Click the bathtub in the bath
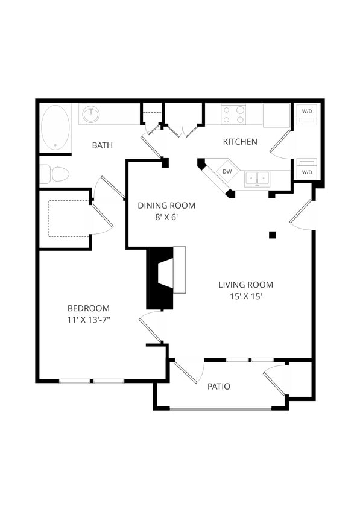[55, 127]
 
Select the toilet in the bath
[56, 174]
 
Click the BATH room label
[103, 145]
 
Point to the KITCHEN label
[240, 142]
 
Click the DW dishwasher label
[227, 171]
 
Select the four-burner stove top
[233, 115]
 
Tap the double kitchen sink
[257, 179]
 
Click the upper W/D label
[307, 110]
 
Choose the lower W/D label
[307, 172]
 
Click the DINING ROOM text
[166, 206]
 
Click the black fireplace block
[158, 279]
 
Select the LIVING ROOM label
[245, 285]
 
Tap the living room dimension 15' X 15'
[245, 296]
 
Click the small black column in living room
[273, 235]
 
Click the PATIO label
[218, 387]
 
